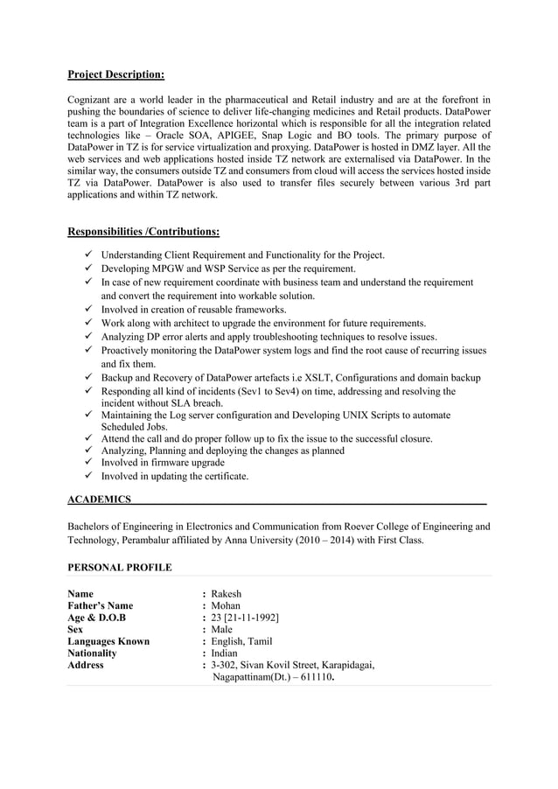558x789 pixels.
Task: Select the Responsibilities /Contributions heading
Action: click(143, 232)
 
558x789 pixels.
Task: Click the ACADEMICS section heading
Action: click(99, 499)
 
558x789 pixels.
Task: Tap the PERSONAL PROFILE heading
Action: click(120, 568)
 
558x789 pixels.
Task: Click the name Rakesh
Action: click(226, 594)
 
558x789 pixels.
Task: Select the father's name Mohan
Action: click(226, 605)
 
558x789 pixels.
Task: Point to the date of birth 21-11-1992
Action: click(252, 618)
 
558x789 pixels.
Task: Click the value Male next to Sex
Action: click(222, 629)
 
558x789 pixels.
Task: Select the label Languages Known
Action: click(108, 641)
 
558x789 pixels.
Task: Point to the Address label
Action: click(86, 665)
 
